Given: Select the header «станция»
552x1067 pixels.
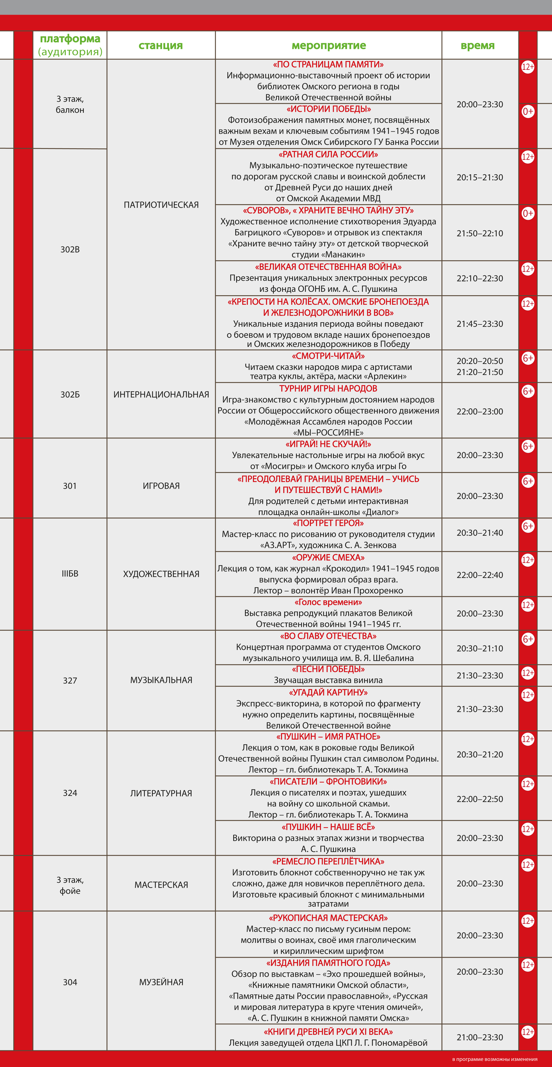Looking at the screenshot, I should [161, 46].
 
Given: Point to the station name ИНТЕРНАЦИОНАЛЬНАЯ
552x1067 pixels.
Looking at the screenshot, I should [161, 394].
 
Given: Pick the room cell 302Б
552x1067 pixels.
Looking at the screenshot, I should [70, 394].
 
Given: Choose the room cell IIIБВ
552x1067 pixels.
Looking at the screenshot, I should [70, 574].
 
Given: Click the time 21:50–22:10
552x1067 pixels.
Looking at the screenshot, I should [480, 233].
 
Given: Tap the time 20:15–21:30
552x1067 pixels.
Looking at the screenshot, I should [480, 177].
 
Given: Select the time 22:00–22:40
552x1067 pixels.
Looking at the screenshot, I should [480, 575].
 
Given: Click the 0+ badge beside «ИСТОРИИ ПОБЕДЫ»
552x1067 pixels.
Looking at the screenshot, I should [528, 111].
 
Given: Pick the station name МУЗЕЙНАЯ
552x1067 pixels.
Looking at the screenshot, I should [161, 982].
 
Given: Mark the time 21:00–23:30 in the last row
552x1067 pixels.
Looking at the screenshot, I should [480, 1037].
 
